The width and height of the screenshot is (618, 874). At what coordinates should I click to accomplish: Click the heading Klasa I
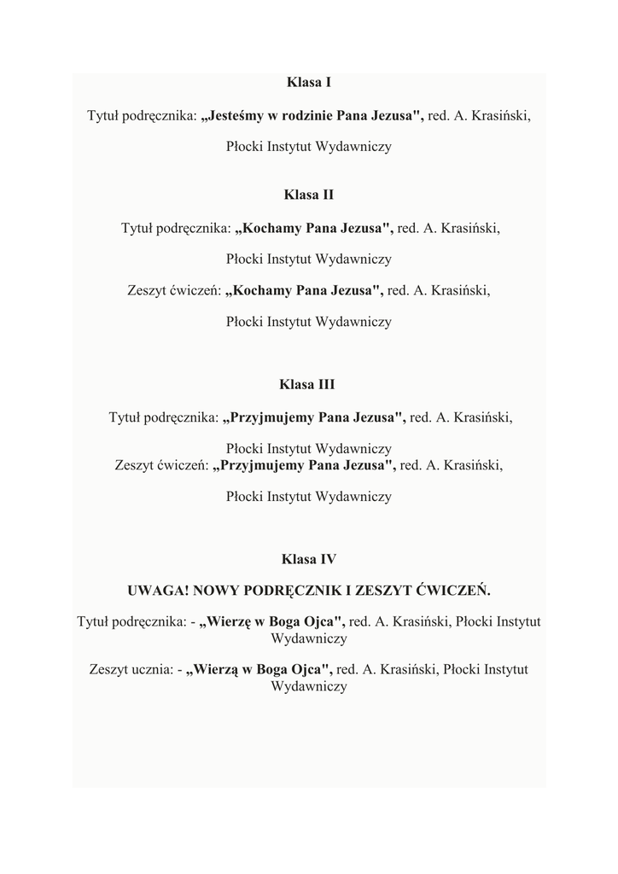pyautogui.click(x=309, y=83)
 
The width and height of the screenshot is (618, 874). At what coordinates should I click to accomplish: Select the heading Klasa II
pyautogui.click(x=309, y=195)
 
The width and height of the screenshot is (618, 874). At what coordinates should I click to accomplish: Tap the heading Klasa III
pyautogui.click(x=309, y=385)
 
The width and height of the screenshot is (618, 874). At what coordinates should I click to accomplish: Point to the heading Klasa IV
pyautogui.click(x=309, y=560)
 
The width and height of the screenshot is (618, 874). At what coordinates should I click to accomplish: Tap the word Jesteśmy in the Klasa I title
pyautogui.click(x=233, y=114)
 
